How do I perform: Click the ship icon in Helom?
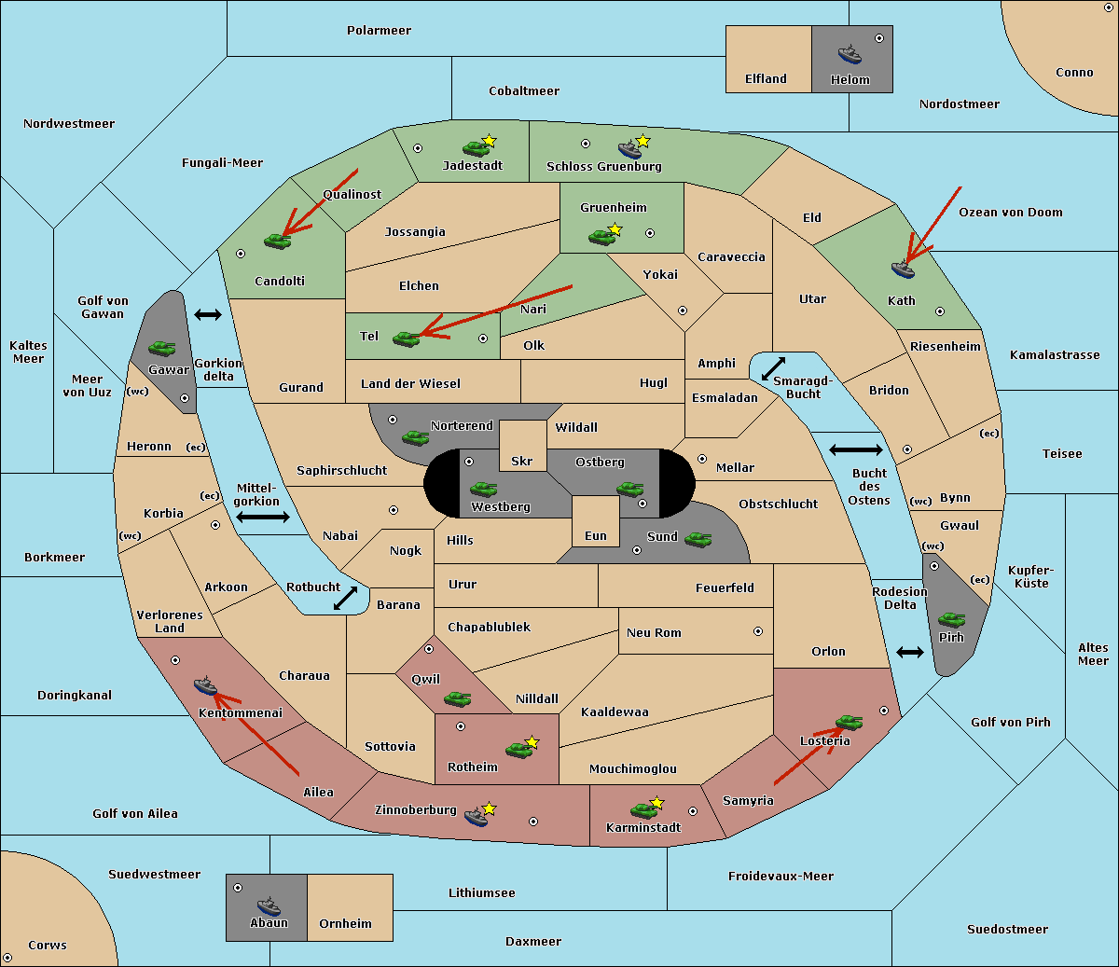pos(850,54)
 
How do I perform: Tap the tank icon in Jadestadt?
pos(476,148)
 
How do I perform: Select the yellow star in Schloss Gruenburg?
pos(642,141)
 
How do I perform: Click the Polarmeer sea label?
pos(379,31)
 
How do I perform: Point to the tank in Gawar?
pos(162,348)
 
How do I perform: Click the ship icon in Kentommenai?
pos(206,685)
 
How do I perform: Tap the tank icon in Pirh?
pos(951,619)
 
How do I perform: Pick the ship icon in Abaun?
pos(269,906)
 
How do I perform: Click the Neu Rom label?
pos(654,632)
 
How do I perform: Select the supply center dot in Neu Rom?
pos(758,631)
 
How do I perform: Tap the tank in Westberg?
pos(483,489)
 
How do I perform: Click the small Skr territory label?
pos(521,461)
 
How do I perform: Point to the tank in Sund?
pos(698,539)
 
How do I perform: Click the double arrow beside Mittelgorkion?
pos(263,517)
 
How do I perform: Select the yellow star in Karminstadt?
pos(656,802)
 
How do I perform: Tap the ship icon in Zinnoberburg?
pos(477,816)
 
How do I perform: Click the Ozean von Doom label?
pos(1010,213)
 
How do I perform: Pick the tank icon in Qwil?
pos(458,698)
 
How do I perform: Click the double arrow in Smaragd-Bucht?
pos(773,368)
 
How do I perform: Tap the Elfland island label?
pos(766,79)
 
